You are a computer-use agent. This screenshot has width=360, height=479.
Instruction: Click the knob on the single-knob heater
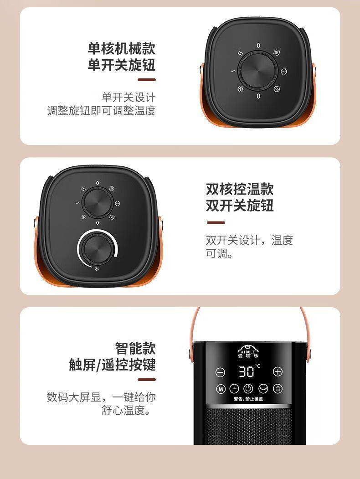(x=258, y=71)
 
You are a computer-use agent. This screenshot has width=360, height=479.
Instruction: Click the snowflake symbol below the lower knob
(x=97, y=269)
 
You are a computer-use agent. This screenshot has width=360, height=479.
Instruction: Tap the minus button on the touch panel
(x=220, y=372)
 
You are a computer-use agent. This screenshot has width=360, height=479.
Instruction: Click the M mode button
(x=221, y=389)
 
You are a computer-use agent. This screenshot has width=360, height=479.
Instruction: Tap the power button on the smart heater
(x=248, y=389)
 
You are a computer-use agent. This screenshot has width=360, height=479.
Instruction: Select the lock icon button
(x=278, y=389)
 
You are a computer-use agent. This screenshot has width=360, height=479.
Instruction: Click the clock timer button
(x=234, y=389)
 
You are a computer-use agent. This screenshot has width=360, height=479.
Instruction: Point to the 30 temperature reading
(x=247, y=371)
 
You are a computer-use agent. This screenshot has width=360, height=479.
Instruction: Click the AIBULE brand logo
(x=248, y=351)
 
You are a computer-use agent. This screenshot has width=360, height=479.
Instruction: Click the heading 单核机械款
(x=122, y=49)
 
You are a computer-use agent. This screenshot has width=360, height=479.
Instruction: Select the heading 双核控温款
(x=240, y=189)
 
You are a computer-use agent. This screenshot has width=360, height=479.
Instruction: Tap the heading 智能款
(x=135, y=348)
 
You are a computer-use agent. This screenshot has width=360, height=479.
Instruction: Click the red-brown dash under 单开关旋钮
(x=147, y=80)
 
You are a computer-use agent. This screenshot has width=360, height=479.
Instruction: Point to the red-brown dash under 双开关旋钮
(x=216, y=223)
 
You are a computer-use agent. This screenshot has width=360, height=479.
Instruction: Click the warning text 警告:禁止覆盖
(x=248, y=399)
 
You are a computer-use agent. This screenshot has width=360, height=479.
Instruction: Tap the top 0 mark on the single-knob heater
(x=258, y=46)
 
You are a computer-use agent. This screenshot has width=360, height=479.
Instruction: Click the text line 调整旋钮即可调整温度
(x=101, y=111)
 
